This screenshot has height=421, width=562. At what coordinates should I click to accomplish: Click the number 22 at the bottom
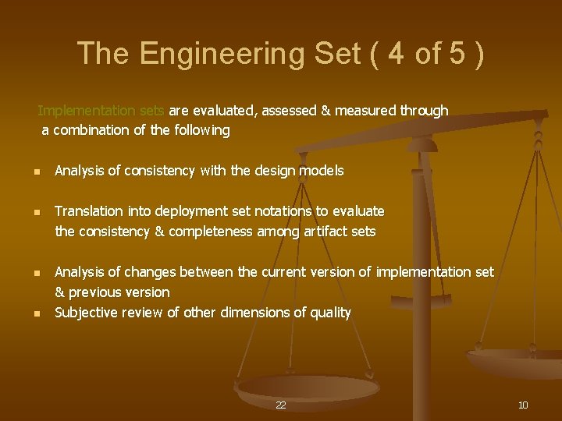(x=281, y=405)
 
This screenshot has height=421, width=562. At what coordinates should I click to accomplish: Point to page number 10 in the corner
(x=523, y=405)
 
